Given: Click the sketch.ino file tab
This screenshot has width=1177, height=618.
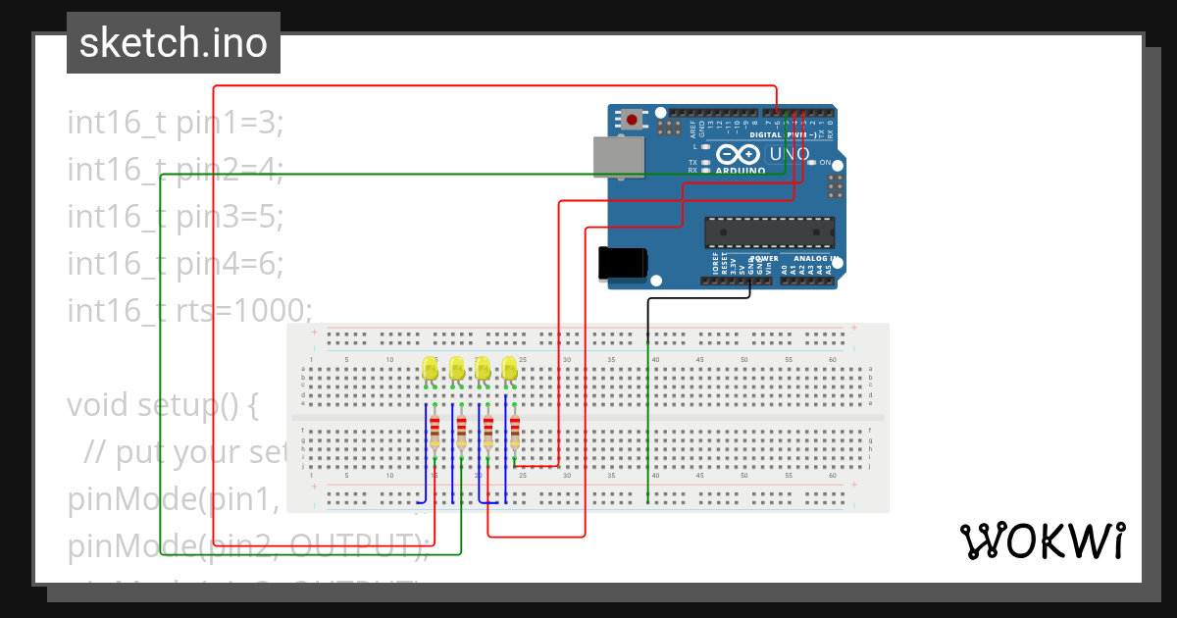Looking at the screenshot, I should point(174,43).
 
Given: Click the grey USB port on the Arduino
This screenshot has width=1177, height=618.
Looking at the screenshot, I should point(619,157).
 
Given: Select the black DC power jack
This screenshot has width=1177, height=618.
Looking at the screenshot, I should point(623,262).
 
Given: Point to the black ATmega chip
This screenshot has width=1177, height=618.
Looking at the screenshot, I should point(770,232).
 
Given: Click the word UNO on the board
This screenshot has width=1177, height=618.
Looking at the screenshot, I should point(789,154).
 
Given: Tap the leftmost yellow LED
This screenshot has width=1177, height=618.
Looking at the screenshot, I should point(430,369).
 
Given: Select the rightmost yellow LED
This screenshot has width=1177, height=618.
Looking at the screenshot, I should point(509,369).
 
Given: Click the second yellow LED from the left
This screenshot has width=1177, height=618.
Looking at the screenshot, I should point(456,369).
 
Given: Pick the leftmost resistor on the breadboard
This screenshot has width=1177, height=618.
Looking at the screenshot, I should point(435,435).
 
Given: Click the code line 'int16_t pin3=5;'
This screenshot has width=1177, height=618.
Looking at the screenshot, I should point(176,216).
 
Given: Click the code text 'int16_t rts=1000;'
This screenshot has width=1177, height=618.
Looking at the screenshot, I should point(189,310).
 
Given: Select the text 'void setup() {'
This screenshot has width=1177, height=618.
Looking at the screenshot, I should point(163,404).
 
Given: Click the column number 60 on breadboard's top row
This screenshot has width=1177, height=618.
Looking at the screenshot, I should point(834,360).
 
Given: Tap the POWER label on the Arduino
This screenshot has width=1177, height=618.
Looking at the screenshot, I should point(764,259).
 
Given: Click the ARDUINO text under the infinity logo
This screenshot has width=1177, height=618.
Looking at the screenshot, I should point(741,171).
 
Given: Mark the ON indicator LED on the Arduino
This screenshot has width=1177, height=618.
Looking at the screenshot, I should point(813,162).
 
